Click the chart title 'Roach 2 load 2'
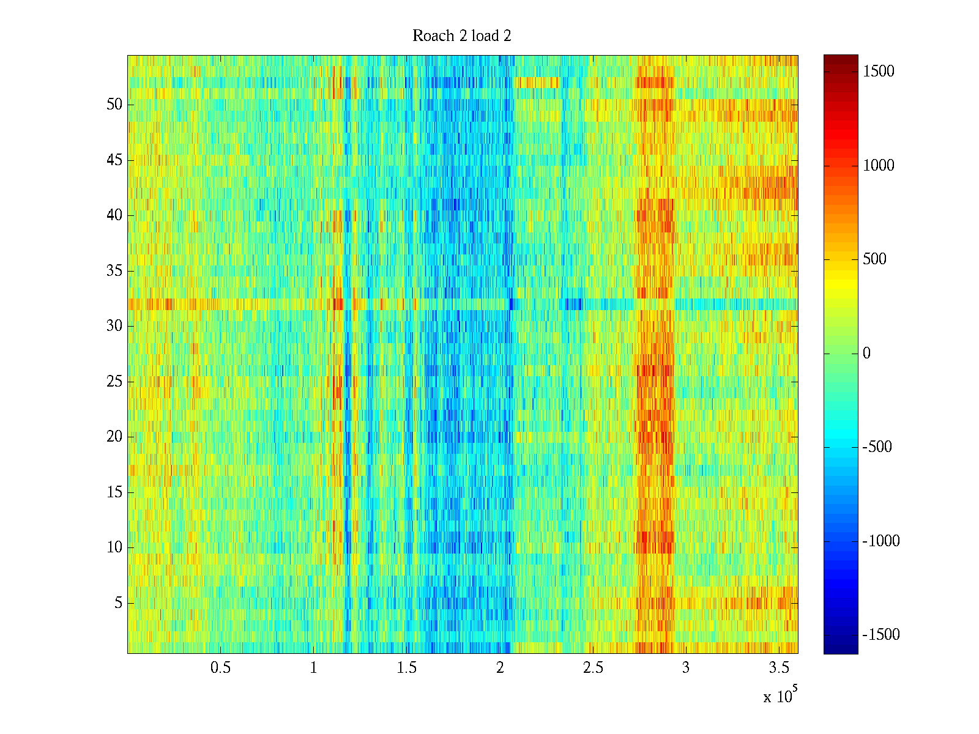tap(462, 36)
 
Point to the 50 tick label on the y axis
tap(114, 105)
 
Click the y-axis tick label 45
tap(114, 160)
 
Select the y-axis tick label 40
tap(114, 215)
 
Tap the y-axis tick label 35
tap(114, 271)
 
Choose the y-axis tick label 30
tap(114, 326)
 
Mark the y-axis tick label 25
tap(114, 382)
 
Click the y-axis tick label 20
tap(114, 437)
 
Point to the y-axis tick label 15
tap(114, 492)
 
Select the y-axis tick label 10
tap(114, 547)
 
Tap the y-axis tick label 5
tap(118, 603)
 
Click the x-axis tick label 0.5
tap(220, 668)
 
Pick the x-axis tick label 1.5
tap(407, 668)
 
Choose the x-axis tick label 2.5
tap(593, 668)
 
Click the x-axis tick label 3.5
tap(779, 668)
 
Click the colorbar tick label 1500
tap(879, 72)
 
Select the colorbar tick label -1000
tap(881, 541)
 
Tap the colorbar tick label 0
tap(866, 354)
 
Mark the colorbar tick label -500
tap(877, 447)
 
